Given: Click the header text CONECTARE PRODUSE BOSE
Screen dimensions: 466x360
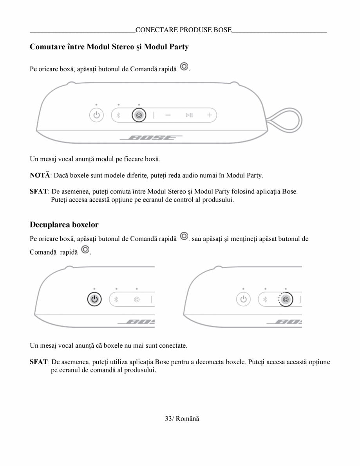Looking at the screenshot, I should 183,30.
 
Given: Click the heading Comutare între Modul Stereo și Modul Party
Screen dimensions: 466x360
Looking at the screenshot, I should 109,47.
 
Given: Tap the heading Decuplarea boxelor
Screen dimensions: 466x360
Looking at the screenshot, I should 64,225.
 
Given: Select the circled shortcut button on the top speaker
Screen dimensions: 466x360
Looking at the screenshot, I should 139,116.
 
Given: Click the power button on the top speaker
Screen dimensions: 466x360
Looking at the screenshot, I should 96,116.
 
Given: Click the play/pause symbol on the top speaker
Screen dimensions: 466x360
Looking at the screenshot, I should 189,116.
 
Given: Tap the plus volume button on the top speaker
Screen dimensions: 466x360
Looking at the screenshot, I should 210,115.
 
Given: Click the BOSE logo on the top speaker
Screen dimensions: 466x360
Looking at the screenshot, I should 151,138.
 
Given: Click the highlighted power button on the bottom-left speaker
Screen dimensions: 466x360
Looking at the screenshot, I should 94,300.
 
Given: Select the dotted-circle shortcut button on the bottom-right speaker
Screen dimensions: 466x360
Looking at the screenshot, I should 286,300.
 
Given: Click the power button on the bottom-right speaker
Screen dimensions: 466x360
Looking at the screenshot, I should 243,300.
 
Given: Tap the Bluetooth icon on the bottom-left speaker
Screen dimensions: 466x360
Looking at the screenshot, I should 116,300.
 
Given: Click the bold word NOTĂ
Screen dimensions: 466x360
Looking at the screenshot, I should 39,175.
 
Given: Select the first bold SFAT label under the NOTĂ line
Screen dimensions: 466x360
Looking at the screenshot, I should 39,192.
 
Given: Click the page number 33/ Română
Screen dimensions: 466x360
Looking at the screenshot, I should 182,419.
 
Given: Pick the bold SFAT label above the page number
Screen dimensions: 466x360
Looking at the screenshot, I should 39,362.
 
